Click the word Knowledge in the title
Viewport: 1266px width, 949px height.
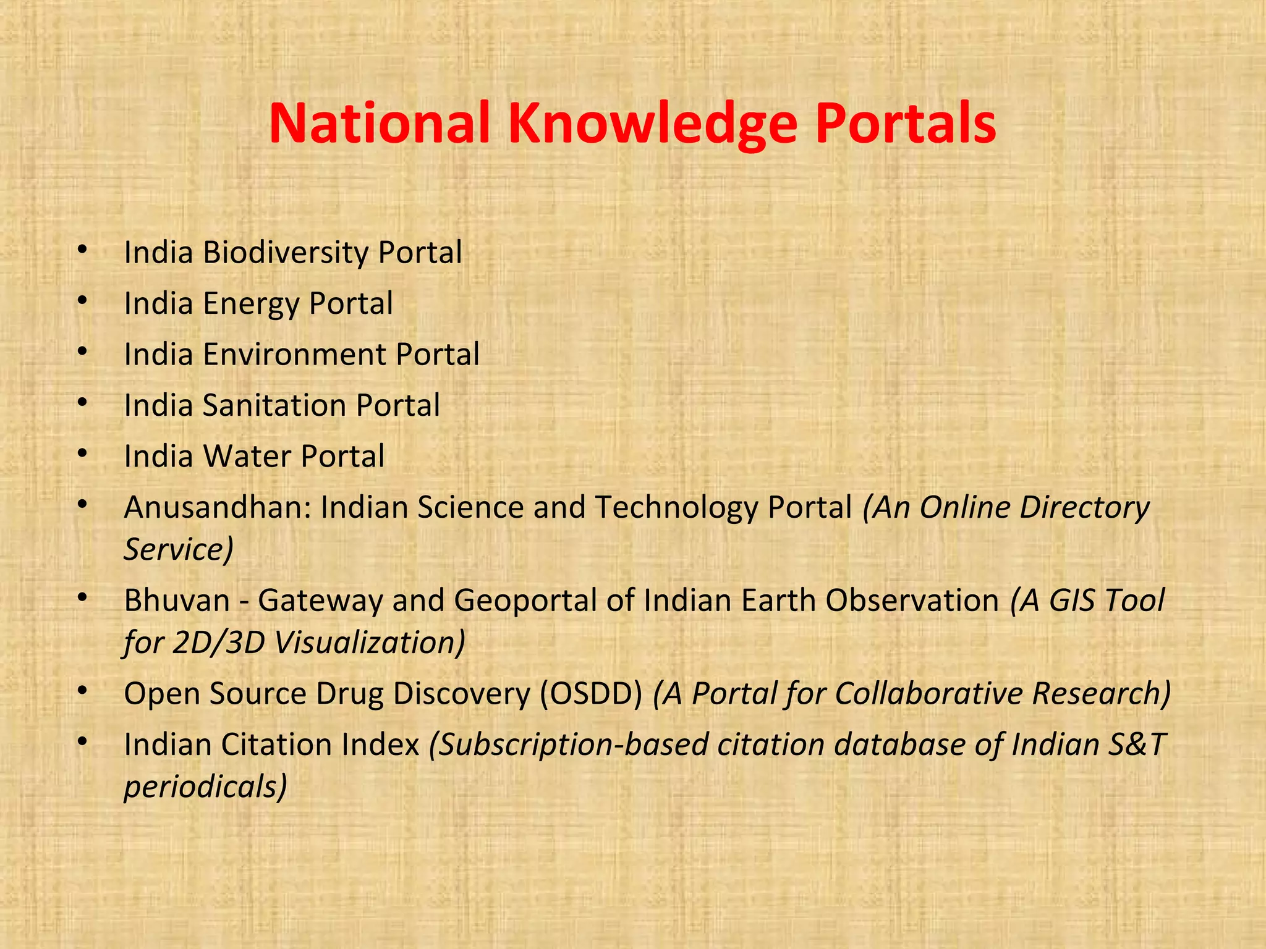click(x=652, y=124)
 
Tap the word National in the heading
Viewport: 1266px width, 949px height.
click(x=380, y=124)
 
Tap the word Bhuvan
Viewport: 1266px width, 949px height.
click(x=177, y=601)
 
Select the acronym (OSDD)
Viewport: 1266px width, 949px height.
click(x=591, y=693)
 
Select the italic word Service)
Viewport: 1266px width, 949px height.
click(x=179, y=549)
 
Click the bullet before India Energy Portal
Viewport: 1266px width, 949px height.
click(x=82, y=301)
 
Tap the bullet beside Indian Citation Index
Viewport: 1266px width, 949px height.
click(x=82, y=741)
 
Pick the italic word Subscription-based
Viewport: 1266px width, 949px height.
click(x=569, y=744)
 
